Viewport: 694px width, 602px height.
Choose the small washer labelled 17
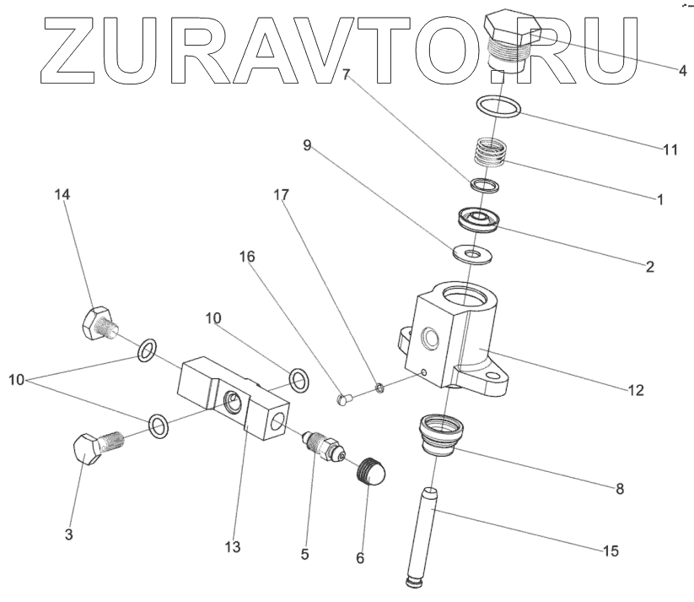[380, 386]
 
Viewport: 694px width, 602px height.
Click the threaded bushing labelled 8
[442, 431]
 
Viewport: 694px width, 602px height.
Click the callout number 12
[635, 390]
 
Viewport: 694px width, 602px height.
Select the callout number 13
[233, 547]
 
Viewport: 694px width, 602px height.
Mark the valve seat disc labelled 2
[477, 219]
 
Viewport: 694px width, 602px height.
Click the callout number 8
[619, 487]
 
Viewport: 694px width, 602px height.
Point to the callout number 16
[248, 256]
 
